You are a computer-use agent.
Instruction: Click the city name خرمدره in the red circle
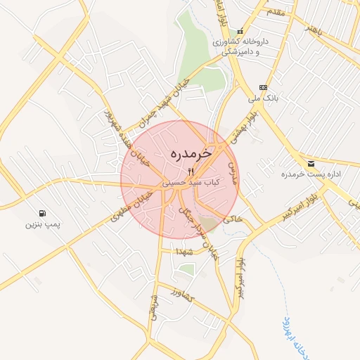coord(191,153)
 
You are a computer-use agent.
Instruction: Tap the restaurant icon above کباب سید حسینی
coord(191,171)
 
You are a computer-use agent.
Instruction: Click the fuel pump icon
coord(44,213)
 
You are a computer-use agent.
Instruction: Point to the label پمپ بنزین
coord(44,225)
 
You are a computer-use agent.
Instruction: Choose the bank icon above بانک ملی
coord(263,87)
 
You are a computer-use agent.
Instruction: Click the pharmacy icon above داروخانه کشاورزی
coord(240,32)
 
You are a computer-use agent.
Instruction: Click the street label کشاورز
coord(181,294)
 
